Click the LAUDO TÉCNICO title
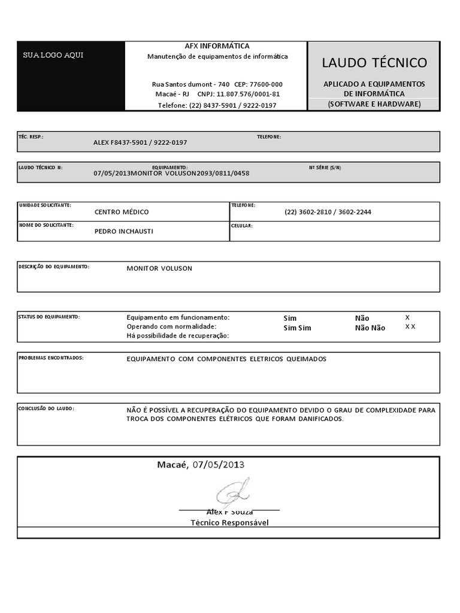coord(374,63)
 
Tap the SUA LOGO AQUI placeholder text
coord(53,55)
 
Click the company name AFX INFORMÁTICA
coord(217,46)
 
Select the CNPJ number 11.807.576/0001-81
coord(248,95)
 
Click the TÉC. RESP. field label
coord(31,136)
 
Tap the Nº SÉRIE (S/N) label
coord(325,167)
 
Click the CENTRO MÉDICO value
coord(122,212)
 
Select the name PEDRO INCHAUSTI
coord(124,231)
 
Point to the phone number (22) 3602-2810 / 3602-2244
coord(328,212)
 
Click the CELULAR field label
coord(242,226)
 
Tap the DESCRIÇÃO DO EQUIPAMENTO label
coord(54,266)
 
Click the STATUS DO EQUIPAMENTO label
coord(49,316)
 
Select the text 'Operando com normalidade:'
coord(171,326)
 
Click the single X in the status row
coord(407,317)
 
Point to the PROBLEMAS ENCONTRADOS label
coord(51,357)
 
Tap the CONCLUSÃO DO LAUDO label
coord(46,408)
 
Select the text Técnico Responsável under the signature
coord(229,523)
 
